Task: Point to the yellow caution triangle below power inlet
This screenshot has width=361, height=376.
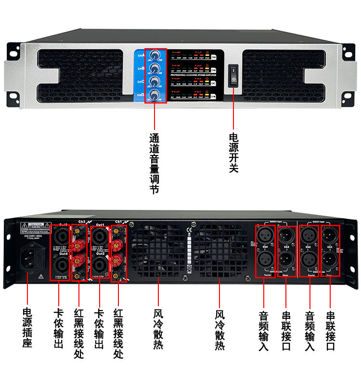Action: [40, 277]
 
